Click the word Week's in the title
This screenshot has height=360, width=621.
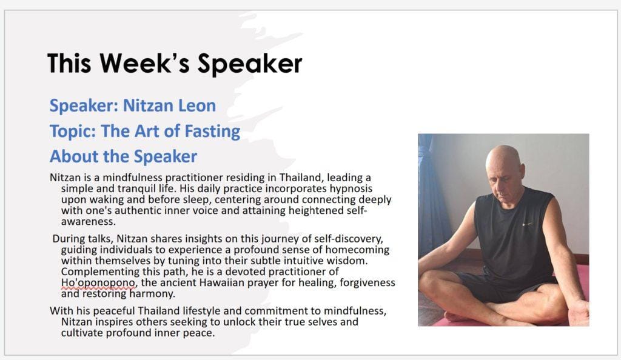click(x=145, y=63)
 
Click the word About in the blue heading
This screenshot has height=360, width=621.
click(x=74, y=156)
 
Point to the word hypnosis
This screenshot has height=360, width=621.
click(x=351, y=188)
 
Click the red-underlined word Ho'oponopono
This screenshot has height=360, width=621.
click(x=98, y=283)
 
